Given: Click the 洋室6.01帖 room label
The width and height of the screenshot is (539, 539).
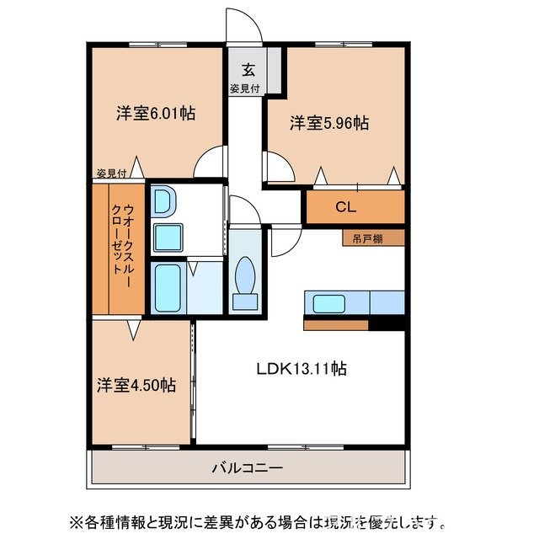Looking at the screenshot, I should click(156, 113).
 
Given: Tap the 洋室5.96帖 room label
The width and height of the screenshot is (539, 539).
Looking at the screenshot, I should click(329, 124).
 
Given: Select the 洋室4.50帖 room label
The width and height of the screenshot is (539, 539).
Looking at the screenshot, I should click(136, 386).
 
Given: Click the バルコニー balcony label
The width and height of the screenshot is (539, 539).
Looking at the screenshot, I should click(247, 467).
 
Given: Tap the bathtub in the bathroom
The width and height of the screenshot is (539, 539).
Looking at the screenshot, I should click(168, 288).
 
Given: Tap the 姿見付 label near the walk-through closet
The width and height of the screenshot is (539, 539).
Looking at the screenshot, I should click(109, 173).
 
